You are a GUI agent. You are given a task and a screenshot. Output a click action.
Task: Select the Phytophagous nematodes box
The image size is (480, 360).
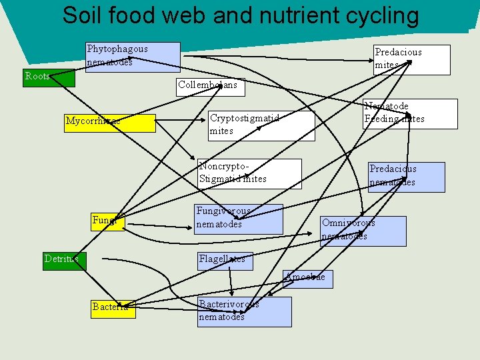coord(133,57)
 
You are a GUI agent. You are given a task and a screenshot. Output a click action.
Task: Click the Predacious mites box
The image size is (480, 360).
coord(411,59)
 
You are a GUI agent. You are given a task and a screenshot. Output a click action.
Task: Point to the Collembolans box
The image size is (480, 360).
coord(208,85)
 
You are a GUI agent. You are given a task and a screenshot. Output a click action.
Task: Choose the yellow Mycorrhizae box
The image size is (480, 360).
coord(110,122)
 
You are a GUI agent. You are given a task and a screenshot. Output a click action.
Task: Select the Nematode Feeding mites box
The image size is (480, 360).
coord(410,113)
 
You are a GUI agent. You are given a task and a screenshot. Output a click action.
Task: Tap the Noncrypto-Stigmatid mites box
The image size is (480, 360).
coord(249,173)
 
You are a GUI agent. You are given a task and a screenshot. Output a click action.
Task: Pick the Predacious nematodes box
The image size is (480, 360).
coord(406,177)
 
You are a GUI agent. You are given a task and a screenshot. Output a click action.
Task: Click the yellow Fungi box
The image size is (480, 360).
coord(107,221)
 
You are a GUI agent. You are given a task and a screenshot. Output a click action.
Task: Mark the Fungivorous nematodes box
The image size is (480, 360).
coord(238,219)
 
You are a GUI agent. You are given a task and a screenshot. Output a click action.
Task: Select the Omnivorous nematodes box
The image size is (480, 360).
coord(363,231)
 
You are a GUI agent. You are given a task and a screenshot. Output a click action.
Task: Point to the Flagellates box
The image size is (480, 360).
coord(222,259)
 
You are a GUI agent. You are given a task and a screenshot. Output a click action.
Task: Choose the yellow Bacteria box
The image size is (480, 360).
coord(113,307)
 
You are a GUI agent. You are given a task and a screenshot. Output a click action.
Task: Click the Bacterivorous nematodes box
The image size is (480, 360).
coord(245,311)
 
